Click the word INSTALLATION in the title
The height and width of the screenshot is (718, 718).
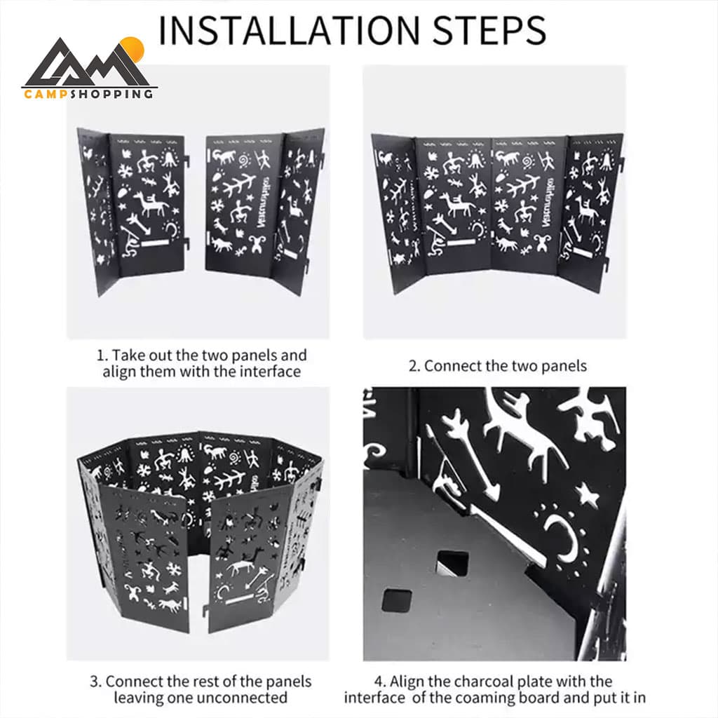[x=288, y=31]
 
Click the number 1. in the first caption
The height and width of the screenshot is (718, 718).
[x=102, y=355]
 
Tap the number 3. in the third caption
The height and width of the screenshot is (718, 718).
[x=95, y=682]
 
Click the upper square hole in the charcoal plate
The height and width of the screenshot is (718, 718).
[x=453, y=563]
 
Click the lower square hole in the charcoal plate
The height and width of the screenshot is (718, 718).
[x=397, y=600]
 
